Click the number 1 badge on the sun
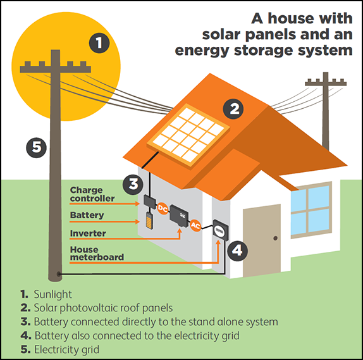click(x=99, y=43)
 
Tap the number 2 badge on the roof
click(x=233, y=109)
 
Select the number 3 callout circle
click(x=133, y=184)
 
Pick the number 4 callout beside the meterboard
click(x=238, y=251)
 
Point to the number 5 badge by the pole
click(x=36, y=148)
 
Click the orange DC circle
click(x=163, y=209)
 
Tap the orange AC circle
click(x=195, y=225)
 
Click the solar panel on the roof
click(x=188, y=135)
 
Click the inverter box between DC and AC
click(x=179, y=216)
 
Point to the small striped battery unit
click(x=149, y=221)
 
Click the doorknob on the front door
click(x=276, y=238)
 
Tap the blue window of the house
click(x=311, y=210)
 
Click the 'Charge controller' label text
click(x=92, y=194)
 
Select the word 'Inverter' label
click(x=88, y=233)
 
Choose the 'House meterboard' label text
click(x=97, y=254)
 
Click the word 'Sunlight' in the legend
click(x=52, y=294)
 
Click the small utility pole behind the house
click(x=326, y=111)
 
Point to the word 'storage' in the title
click(x=264, y=51)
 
